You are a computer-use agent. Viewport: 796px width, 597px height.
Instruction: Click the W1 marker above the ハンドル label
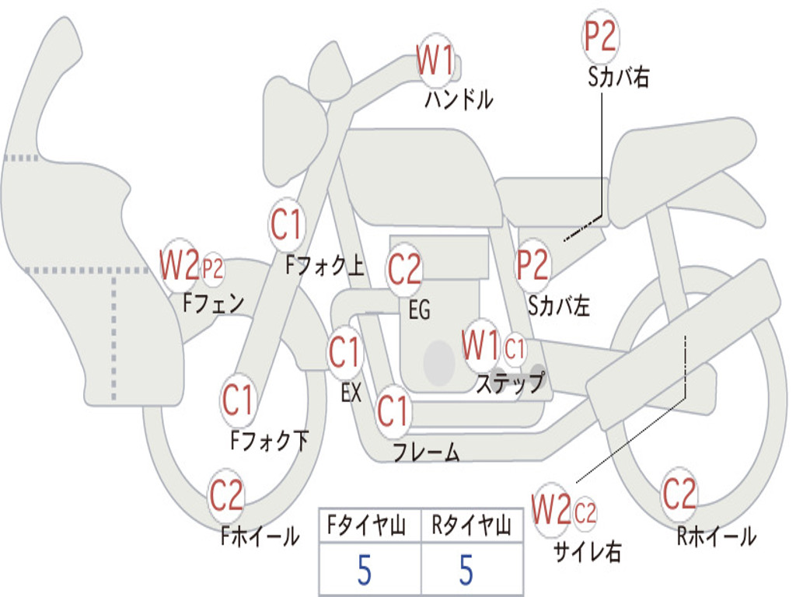[x=435, y=60]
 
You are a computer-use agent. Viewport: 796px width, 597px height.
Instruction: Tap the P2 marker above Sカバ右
[x=600, y=36]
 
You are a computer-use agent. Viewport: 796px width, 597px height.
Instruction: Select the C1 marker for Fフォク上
[x=287, y=225]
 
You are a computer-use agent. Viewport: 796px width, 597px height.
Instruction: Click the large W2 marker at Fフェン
[x=180, y=266]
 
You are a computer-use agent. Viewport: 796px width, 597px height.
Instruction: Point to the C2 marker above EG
[x=405, y=269]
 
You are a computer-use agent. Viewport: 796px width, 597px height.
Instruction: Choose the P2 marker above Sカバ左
[x=533, y=265]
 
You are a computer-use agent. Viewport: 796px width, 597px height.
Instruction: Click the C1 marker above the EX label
[x=345, y=353]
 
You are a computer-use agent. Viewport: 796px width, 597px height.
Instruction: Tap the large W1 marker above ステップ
[x=480, y=345]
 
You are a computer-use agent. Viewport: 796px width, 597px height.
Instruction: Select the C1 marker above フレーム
[x=393, y=410]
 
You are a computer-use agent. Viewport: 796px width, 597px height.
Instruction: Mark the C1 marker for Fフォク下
[x=239, y=400]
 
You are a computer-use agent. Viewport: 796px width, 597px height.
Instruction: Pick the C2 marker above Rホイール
[x=679, y=493]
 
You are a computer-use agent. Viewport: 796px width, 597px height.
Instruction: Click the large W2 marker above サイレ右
[x=552, y=510]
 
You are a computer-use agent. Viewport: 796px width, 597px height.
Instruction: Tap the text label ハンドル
[x=459, y=99]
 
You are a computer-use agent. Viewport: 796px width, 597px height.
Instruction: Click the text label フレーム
[x=426, y=452]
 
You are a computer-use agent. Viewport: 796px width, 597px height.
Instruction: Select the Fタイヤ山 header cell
[x=369, y=526]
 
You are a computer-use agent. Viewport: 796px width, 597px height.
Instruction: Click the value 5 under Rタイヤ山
[x=466, y=570]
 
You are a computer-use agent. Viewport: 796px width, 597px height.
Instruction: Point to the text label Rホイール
[x=716, y=536]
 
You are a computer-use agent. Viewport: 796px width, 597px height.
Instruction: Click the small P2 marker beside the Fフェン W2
[x=212, y=269]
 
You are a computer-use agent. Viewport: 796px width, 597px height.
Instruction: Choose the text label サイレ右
[x=587, y=552]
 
